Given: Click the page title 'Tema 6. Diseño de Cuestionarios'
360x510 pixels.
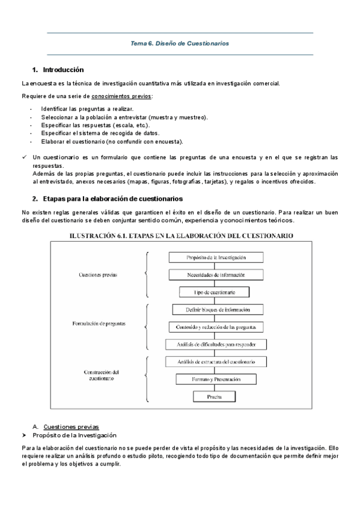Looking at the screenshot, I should [180, 43].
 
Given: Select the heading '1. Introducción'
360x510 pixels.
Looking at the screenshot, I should [58, 70].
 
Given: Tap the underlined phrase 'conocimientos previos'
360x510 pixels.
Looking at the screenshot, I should [121, 96].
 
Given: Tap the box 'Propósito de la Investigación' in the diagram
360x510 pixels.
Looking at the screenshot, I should [216, 257].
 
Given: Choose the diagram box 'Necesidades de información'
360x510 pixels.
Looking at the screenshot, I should [216, 275].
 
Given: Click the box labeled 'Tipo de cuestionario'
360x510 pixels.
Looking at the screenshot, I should [215, 292].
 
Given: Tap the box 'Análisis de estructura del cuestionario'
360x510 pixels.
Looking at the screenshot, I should [216, 362].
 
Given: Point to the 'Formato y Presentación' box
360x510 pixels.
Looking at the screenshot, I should [216, 379].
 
